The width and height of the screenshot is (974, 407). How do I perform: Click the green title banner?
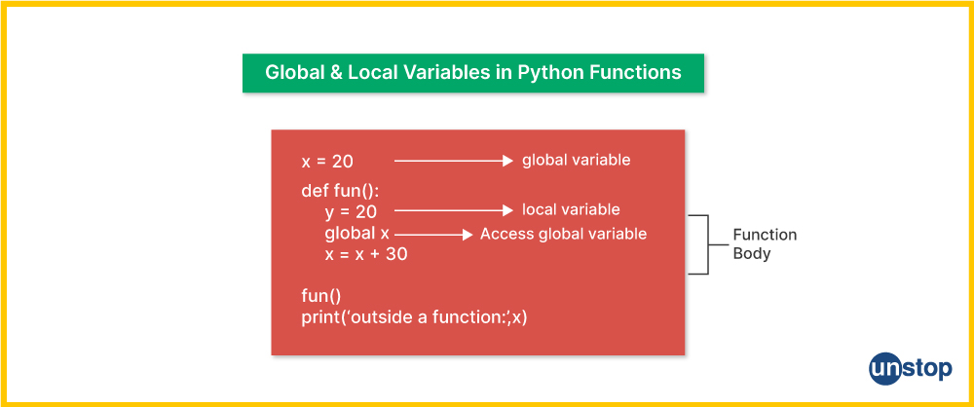tap(472, 73)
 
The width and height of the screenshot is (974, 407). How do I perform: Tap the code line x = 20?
tap(327, 162)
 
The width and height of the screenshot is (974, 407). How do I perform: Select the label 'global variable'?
tap(576, 161)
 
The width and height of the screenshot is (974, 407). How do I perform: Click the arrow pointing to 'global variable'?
tap(454, 161)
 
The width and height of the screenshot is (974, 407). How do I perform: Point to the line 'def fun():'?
tap(335, 191)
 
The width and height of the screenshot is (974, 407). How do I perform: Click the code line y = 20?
tap(351, 212)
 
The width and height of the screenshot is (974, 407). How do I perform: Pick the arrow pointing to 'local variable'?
tap(454, 210)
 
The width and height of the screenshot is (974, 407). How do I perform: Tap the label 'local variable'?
tap(570, 209)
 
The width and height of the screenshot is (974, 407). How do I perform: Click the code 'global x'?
tap(356, 234)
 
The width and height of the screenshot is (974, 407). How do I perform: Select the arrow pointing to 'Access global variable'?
tap(433, 235)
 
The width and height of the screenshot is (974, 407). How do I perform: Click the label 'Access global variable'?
tap(563, 235)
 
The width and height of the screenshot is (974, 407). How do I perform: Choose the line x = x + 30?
tap(366, 254)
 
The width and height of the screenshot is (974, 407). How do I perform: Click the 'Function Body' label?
tap(765, 244)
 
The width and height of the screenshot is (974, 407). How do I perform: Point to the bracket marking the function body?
tap(707, 244)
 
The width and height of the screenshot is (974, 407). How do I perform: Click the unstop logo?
tap(910, 368)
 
